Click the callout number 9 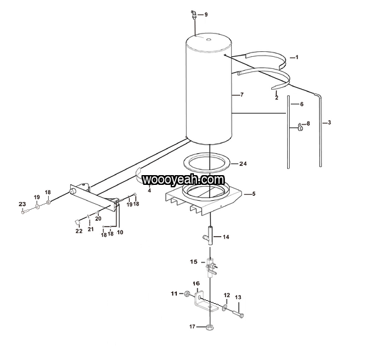click(206, 15)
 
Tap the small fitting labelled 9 click(193, 14)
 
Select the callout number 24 click(243, 164)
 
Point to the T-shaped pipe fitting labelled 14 click(210, 236)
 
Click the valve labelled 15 click(211, 267)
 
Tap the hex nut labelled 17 click(210, 327)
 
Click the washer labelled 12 click(225, 308)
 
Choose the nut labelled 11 click(187, 293)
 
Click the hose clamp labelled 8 click(300, 126)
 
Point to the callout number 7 click(242, 95)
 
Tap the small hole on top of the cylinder click(208, 39)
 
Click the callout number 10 click(119, 232)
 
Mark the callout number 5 click(254, 194)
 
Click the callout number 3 click(329, 123)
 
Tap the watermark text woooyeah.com click(184, 180)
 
